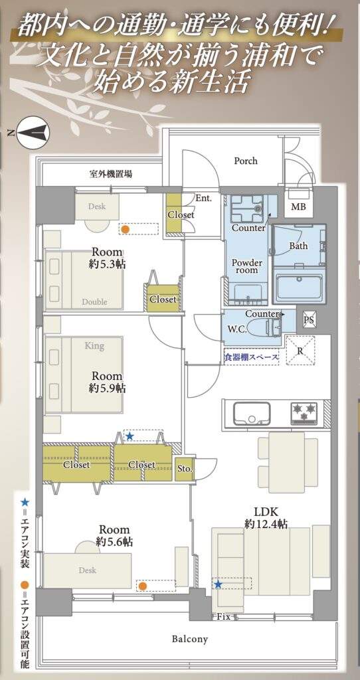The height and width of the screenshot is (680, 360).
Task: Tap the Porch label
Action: tap(246, 161)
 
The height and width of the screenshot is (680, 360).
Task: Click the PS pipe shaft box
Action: tap(309, 320)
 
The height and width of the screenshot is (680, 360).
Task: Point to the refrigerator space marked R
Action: tap(300, 351)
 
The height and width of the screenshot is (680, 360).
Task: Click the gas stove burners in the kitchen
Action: tap(304, 412)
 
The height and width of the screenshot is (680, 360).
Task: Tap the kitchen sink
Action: tap(252, 414)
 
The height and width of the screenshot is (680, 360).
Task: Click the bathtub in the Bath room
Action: tap(299, 283)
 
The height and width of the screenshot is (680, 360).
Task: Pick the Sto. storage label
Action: tap(185, 468)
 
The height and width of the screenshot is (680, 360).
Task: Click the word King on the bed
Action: tap(94, 345)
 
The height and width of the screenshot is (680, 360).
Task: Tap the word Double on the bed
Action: tap(94, 301)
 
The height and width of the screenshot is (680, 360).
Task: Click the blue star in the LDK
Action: tap(218, 584)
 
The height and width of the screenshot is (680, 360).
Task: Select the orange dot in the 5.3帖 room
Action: tap(124, 228)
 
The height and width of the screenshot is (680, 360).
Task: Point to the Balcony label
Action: tap(190, 639)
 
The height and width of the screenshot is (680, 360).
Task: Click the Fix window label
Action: tap(224, 616)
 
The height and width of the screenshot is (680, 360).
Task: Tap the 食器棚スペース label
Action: tap(250, 357)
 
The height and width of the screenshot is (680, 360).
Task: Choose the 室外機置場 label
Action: tap(111, 175)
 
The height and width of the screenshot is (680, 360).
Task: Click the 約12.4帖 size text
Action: tap(266, 525)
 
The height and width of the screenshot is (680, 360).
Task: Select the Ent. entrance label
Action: tap(203, 199)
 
